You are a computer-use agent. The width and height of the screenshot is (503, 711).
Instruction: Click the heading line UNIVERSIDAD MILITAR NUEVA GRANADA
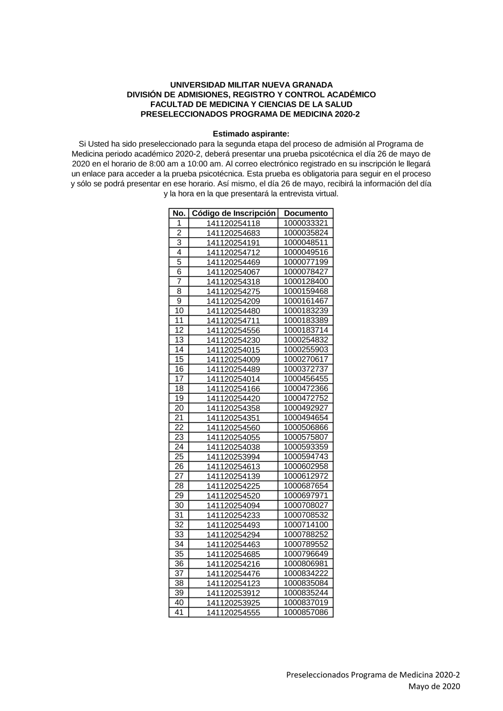coord(251,85)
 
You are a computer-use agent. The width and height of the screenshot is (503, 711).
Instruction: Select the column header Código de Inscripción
coord(234,213)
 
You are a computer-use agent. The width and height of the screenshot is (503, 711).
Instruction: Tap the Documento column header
coord(306,213)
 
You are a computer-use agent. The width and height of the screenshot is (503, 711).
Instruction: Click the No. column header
coord(179,213)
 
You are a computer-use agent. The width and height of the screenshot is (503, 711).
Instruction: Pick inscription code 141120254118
coord(233,224)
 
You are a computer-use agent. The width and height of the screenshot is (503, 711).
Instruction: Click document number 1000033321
coord(306,223)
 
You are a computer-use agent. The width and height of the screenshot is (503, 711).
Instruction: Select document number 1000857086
coord(306,612)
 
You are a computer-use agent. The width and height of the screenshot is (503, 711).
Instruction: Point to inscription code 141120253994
coord(233,457)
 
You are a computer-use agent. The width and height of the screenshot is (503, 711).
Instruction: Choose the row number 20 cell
coord(179,408)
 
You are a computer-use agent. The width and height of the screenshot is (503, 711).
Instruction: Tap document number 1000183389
coord(306,320)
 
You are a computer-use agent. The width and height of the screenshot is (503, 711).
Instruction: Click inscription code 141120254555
coord(233,613)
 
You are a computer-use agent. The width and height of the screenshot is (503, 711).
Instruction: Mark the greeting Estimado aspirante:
coord(251,134)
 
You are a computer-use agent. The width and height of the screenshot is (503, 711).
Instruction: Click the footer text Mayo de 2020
coord(434,686)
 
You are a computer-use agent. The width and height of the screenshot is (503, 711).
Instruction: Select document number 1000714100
coord(306,525)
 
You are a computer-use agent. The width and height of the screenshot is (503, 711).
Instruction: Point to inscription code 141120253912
coord(233,593)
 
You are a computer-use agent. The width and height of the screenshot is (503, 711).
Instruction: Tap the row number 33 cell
coord(179,535)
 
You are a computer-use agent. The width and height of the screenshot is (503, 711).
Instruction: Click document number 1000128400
coord(306,281)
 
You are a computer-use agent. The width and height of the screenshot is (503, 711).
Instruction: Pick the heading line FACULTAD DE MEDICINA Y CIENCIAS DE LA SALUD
coord(251,105)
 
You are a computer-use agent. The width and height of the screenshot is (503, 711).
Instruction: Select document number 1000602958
coord(306,466)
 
